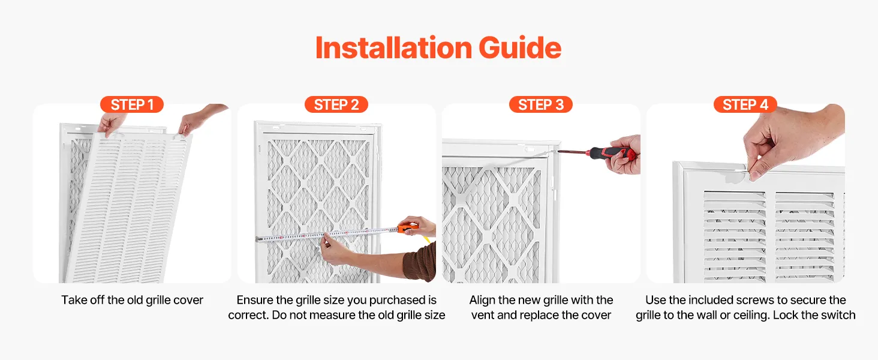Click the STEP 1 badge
[132, 104]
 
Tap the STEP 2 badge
[336, 104]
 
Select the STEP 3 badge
[541, 104]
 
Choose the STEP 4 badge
[745, 104]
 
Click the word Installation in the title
[393, 48]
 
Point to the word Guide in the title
[520, 48]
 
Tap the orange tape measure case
[408, 228]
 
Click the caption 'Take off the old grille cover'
[132, 300]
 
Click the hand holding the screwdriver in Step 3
[624, 155]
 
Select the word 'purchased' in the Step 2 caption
[400, 300]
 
